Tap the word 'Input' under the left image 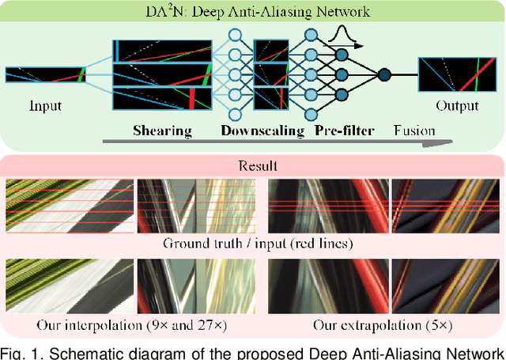[x=45, y=105]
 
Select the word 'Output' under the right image [x=458, y=105]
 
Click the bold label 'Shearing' [x=163, y=130]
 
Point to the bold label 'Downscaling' [x=262, y=130]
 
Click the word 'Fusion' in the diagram [x=412, y=130]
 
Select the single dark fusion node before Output [x=384, y=75]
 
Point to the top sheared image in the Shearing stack [x=163, y=50]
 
